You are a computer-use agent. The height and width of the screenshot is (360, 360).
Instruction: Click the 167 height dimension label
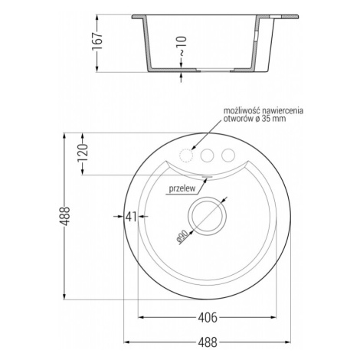click(x=97, y=41)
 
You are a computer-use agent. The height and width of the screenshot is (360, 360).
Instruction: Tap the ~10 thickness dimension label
click(x=182, y=46)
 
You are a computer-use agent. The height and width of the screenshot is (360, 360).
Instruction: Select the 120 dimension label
click(x=83, y=153)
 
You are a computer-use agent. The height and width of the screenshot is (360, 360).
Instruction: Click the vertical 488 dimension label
click(x=64, y=216)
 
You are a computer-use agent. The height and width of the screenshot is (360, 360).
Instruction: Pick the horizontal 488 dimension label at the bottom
click(x=208, y=342)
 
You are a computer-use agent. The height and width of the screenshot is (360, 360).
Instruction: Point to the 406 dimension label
click(x=208, y=318)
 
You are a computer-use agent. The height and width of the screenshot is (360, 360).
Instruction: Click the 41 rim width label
click(x=131, y=217)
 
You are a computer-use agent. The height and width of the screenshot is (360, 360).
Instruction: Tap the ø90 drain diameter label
click(x=182, y=237)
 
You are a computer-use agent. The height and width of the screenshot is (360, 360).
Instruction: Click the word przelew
click(x=182, y=188)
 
